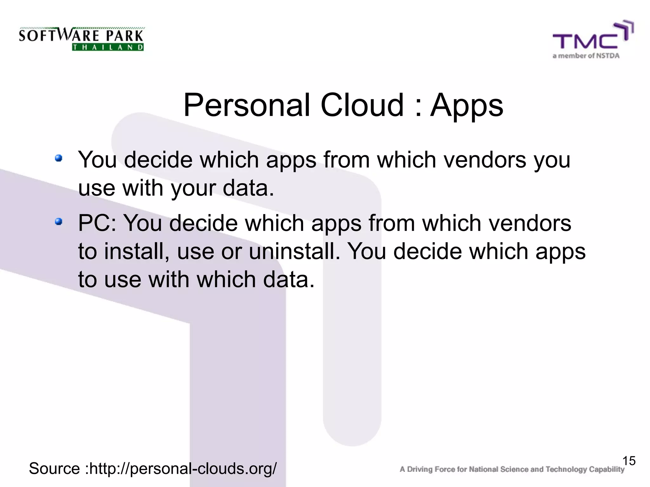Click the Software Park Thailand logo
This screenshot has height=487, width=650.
click(82, 39)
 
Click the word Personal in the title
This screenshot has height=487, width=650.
click(247, 105)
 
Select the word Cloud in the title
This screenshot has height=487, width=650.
click(362, 105)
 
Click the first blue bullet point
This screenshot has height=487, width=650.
click(58, 158)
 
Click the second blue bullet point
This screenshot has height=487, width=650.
click(58, 221)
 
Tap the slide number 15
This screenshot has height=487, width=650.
click(629, 461)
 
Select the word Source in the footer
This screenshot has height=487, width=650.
click(54, 469)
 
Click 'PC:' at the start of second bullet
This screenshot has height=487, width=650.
click(97, 223)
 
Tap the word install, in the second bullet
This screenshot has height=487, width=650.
click(136, 251)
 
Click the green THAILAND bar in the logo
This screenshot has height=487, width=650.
click(108, 47)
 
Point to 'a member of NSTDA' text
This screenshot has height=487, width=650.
click(586, 56)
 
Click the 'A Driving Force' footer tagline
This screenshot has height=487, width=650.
click(512, 469)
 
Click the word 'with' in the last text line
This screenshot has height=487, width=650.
click(169, 280)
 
